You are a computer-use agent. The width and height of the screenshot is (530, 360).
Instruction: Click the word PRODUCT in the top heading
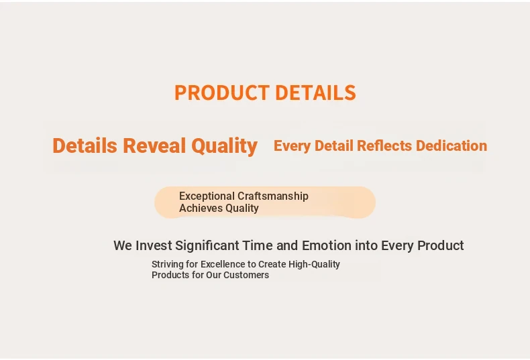222,93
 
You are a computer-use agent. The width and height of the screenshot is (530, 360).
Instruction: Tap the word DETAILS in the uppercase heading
316,93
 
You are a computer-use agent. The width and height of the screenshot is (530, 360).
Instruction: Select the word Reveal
154,146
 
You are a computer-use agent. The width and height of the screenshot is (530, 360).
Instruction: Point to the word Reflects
384,146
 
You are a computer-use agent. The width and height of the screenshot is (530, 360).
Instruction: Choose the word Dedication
452,146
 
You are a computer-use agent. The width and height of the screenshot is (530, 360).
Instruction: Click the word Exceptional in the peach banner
207,196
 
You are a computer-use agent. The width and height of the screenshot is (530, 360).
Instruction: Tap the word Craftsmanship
273,196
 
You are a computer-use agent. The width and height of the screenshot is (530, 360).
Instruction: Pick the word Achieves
201,208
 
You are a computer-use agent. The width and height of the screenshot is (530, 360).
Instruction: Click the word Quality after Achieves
242,208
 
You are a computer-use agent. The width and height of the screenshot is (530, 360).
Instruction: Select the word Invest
154,245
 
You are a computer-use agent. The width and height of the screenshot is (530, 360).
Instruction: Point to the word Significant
207,246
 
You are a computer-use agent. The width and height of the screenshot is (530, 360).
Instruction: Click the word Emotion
327,245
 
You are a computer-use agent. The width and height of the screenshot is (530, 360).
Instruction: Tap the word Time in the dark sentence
258,245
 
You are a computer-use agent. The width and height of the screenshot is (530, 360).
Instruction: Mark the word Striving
167,264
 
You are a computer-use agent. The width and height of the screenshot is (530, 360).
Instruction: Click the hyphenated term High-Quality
314,264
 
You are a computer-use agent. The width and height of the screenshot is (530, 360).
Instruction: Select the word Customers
246,275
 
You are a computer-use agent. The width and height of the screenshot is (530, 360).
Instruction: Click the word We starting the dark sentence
123,245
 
